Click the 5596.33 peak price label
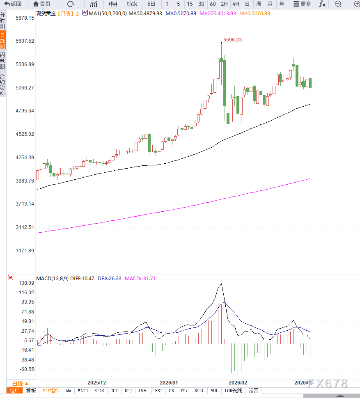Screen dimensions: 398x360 (232, 40)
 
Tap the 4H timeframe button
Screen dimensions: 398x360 (236, 4)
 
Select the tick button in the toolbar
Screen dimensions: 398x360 (132, 4)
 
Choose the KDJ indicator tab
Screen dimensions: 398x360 (128, 391)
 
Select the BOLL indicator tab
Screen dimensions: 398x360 (199, 391)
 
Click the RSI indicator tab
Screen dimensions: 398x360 (158, 391)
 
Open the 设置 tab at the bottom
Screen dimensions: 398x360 (254, 391)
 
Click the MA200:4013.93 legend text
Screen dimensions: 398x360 (218, 14)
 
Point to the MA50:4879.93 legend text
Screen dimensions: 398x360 (145, 14)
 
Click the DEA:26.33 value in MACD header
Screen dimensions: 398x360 (110, 278)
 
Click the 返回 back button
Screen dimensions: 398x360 (13, 4)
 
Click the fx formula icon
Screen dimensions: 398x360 (322, 4)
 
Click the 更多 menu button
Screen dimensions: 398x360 (302, 4)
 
